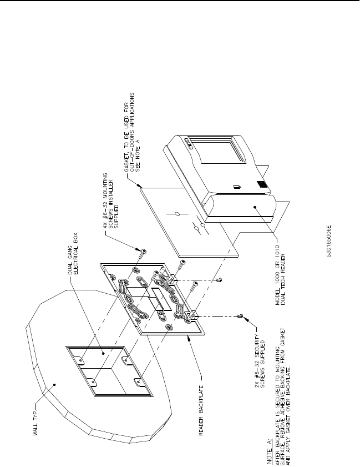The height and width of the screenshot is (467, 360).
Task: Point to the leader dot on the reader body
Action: pos(254,207)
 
